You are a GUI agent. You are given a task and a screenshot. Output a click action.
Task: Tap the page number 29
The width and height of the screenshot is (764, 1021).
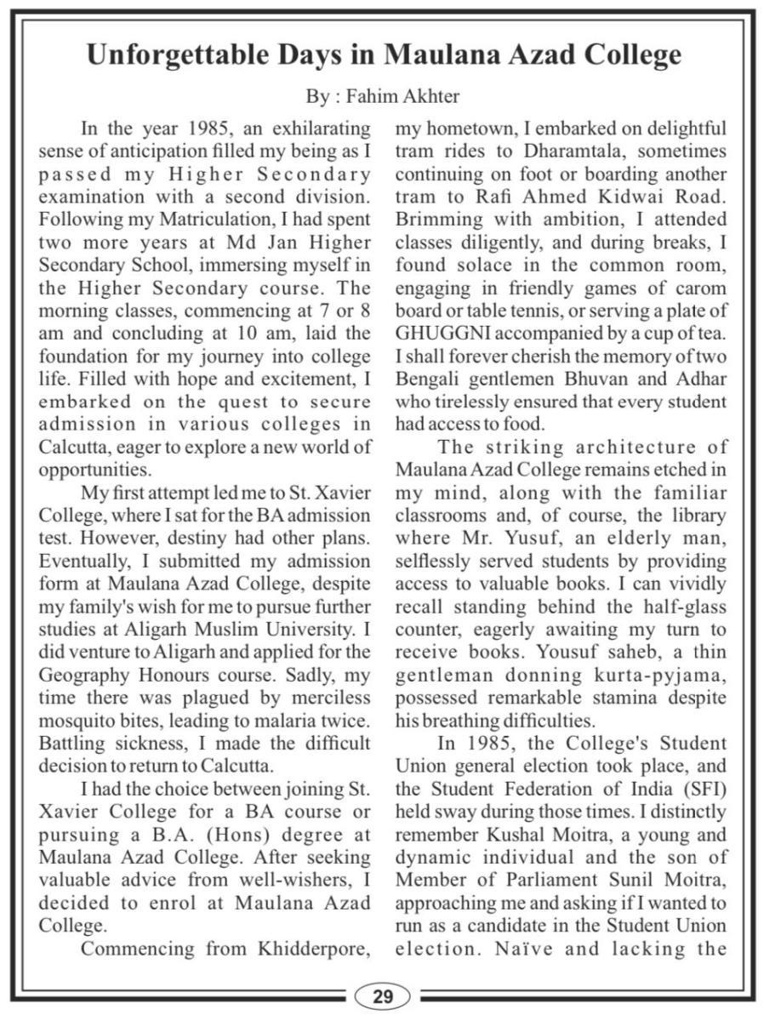[382, 996]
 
